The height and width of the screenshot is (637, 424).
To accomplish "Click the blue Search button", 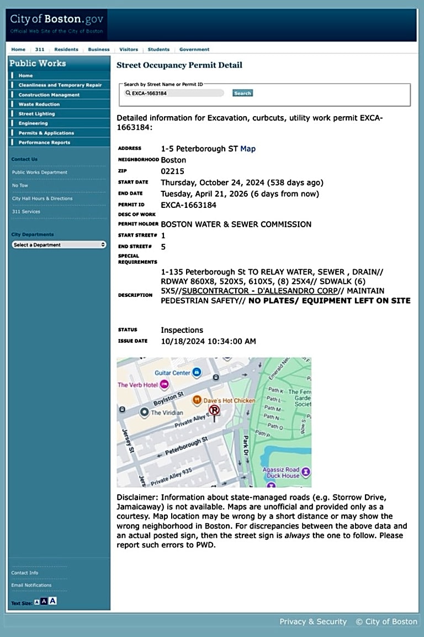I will tap(242, 93).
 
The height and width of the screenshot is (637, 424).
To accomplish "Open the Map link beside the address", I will tap(248, 149).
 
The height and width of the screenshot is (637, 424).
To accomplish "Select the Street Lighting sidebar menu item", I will tap(36, 114).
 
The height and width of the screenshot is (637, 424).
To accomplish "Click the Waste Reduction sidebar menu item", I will tap(39, 105).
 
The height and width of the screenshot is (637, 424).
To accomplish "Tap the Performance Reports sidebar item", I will tap(44, 143).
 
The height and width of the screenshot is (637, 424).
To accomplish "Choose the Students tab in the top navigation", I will tap(158, 49).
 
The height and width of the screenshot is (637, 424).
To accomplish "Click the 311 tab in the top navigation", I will tap(40, 49).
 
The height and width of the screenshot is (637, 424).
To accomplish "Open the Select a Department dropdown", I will tap(59, 244).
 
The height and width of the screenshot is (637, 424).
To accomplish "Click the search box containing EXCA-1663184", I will tap(174, 93).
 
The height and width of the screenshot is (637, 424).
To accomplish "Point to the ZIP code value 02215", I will tap(173, 171).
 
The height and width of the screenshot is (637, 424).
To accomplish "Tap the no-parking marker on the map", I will tap(214, 410).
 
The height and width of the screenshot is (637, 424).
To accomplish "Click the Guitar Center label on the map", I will tap(173, 373).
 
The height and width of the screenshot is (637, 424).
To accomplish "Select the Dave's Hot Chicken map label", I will tap(230, 400).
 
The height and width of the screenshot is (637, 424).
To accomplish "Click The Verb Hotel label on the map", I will tap(137, 385).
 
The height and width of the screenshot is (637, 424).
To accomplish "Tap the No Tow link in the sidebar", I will tap(20, 185).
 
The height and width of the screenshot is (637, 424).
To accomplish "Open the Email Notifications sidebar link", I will tap(31, 585).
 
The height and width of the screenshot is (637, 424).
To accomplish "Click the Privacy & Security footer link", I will tap(313, 622).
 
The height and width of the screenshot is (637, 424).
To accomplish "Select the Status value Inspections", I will tap(182, 330).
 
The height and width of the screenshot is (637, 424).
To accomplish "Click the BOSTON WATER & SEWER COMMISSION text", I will tap(236, 224).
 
